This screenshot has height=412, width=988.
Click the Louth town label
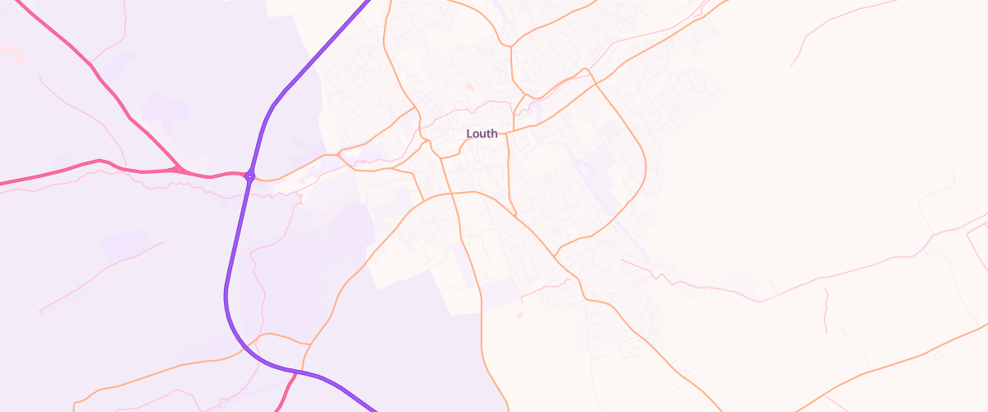[482, 133]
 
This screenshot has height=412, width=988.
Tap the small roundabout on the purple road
[249, 176]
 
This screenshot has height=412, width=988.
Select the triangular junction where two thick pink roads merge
[178, 169]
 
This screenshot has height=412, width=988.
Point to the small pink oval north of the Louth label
[469, 86]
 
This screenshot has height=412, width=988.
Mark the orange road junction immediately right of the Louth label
[506, 132]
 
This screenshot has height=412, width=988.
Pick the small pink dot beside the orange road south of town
[520, 315]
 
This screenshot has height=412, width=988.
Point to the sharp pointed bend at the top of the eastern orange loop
[585, 69]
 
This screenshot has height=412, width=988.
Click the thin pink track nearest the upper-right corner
[823, 29]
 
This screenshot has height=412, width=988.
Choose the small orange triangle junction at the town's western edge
[343, 157]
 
